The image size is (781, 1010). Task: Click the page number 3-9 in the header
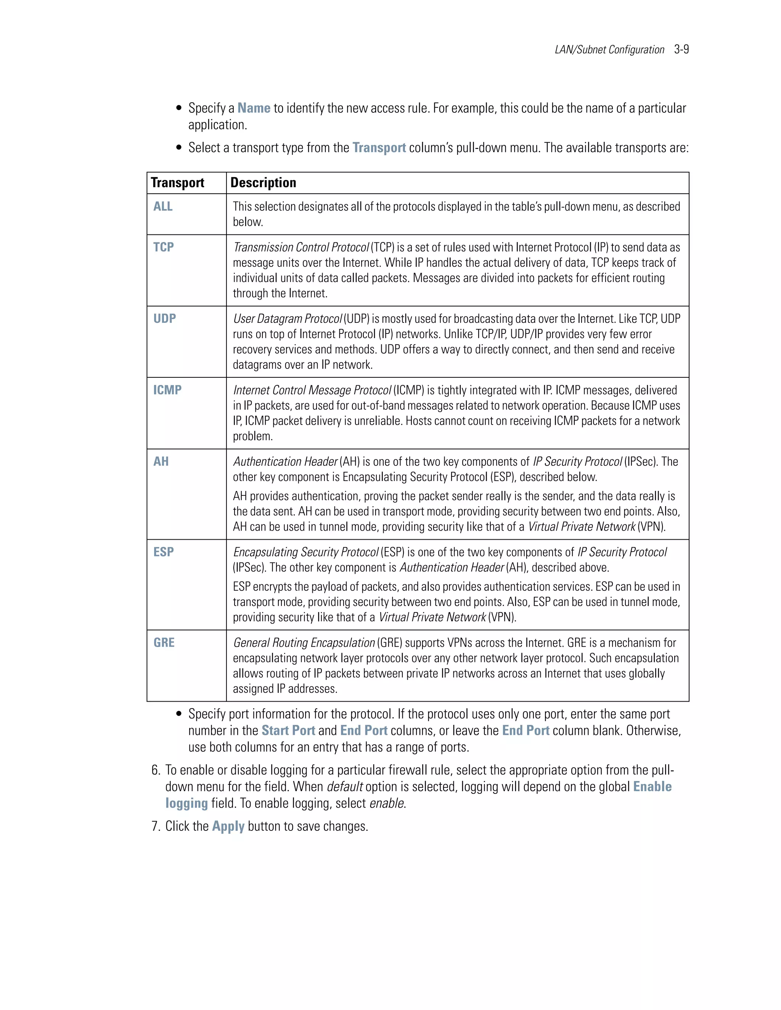(x=681, y=50)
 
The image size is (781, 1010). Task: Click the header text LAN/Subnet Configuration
(x=609, y=50)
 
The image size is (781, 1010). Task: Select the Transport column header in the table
(x=177, y=183)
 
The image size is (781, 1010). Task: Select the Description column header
(x=263, y=183)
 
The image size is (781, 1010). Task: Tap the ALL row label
(x=163, y=206)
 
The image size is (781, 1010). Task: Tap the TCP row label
(x=163, y=247)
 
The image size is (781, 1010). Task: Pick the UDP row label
(x=164, y=319)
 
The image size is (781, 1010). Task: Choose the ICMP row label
(x=167, y=390)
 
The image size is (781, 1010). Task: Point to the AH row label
(x=161, y=462)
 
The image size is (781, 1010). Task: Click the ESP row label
(x=163, y=552)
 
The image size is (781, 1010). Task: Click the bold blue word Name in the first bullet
(x=254, y=108)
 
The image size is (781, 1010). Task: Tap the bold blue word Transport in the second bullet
(x=379, y=148)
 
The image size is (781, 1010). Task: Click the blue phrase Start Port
(x=288, y=731)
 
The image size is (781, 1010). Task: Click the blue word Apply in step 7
(x=228, y=826)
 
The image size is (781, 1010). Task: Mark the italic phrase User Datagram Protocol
(x=287, y=319)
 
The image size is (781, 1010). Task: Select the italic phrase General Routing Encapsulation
(x=304, y=643)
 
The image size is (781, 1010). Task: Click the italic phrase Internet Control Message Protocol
(x=312, y=390)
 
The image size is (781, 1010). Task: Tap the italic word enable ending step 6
(x=386, y=804)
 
